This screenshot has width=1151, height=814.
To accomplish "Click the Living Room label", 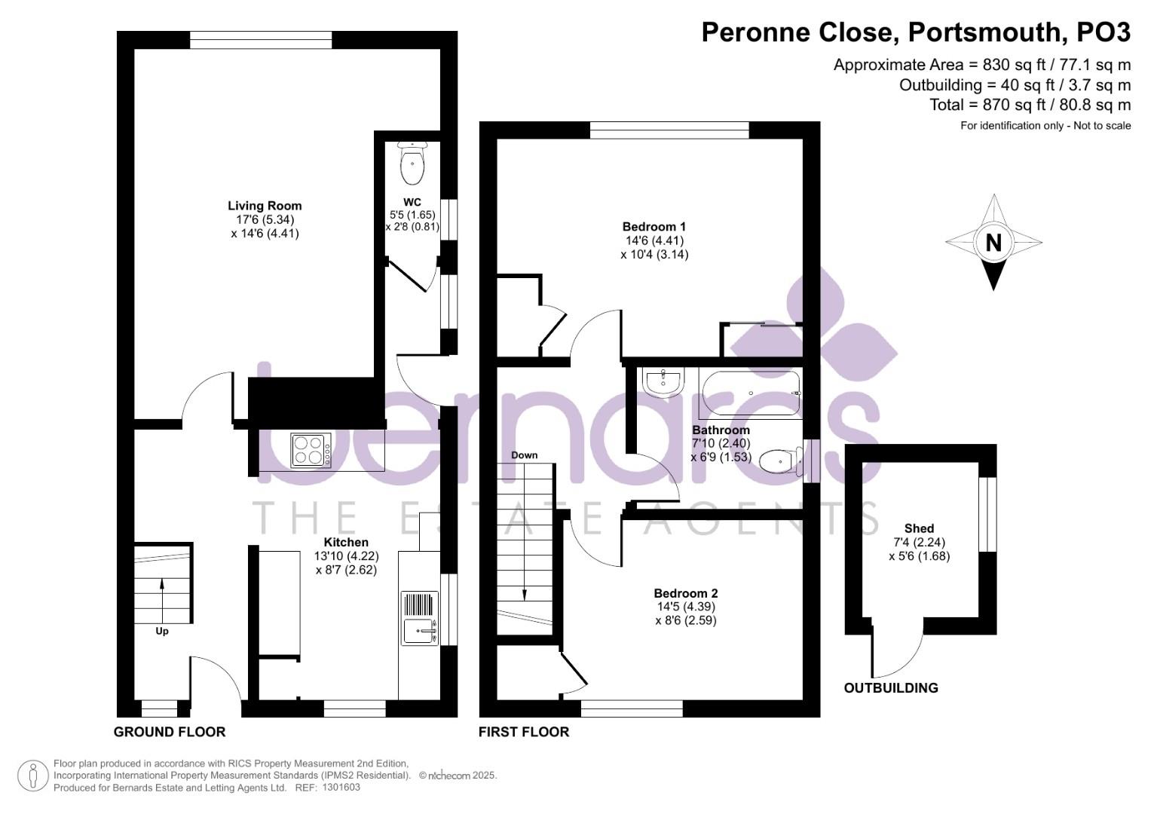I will click(265, 206).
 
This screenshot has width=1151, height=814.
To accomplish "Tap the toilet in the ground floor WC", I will click(412, 164).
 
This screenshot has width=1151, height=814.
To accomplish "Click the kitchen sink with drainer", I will click(420, 618).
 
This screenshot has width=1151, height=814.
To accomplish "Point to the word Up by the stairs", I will click(162, 631).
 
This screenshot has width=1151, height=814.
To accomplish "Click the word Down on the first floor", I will click(524, 455).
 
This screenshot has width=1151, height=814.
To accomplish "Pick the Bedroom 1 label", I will click(654, 227).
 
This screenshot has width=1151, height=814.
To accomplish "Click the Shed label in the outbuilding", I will click(919, 528).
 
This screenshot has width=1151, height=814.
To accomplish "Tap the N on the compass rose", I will click(993, 243).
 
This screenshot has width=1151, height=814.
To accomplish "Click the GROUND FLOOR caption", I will click(170, 732).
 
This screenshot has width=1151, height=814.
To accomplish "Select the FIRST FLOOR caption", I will click(524, 732).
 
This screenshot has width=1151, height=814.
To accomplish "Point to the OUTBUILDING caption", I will click(890, 687).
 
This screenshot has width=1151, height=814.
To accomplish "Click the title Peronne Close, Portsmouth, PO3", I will click(916, 32).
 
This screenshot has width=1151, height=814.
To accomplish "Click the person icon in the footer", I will click(33, 776).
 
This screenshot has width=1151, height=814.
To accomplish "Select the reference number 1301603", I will click(341, 787).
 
